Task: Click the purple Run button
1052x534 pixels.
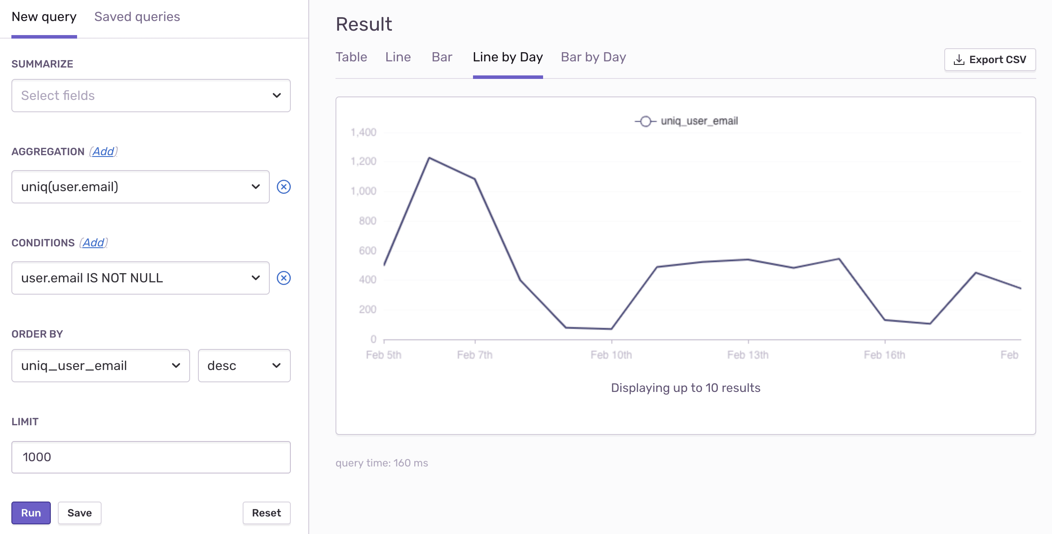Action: point(31,513)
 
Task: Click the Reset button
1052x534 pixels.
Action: point(266,513)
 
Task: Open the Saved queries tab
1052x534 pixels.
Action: point(137,17)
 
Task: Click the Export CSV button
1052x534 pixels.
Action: point(990,60)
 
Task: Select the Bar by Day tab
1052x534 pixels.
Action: point(593,57)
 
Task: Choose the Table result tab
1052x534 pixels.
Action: point(351,57)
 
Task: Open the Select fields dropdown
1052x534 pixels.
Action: point(151,96)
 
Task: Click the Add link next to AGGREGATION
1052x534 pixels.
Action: point(103,152)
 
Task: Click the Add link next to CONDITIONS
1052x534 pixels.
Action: point(94,243)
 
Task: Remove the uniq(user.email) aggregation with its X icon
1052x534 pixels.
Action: point(284,187)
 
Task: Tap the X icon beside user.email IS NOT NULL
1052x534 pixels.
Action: point(284,278)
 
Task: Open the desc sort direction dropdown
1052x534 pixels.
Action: point(244,366)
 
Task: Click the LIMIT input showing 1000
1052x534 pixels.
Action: point(151,457)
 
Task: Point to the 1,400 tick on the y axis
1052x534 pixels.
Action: point(364,132)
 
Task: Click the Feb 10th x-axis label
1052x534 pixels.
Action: point(611,355)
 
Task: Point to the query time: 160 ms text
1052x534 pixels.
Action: point(381,463)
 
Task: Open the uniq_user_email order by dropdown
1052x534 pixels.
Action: point(100,366)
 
